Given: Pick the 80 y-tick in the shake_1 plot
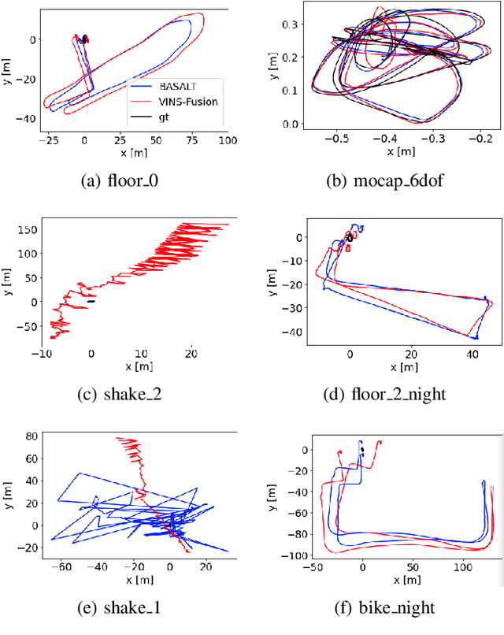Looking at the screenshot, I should tap(31, 434).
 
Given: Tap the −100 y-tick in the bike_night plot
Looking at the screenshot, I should tap(289, 555).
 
